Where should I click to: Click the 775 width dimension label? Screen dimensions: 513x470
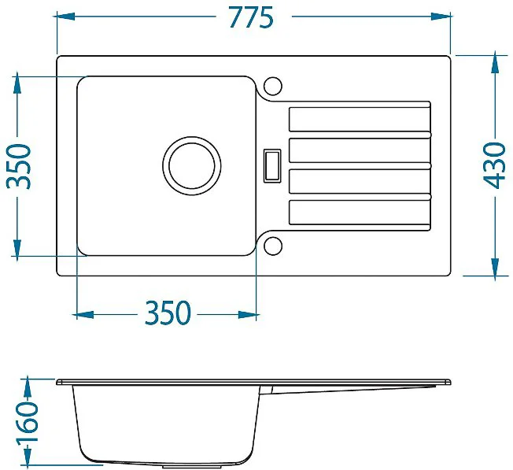[x=251, y=17]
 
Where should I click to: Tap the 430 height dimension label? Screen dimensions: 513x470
[x=494, y=165]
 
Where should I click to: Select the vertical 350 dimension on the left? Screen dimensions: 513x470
[x=19, y=166]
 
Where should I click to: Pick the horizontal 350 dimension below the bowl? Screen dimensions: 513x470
[x=167, y=313]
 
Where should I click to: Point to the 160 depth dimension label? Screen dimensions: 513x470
[x=28, y=422]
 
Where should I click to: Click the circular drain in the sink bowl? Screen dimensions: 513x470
[x=192, y=166]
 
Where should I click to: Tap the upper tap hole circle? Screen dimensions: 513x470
[x=272, y=86]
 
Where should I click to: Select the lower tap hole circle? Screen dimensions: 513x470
[x=272, y=246]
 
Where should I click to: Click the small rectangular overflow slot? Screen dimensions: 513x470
[x=272, y=165]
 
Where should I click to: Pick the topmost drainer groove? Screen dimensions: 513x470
[x=360, y=120]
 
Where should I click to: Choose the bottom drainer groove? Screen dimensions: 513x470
[x=360, y=213]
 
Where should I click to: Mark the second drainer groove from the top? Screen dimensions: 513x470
[x=360, y=150]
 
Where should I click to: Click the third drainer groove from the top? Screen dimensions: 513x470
[x=360, y=181]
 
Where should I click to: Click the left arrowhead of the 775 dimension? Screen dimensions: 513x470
[x=66, y=17]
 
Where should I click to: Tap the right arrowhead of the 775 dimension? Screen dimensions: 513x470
[x=441, y=17]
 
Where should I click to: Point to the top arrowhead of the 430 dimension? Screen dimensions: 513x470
[x=496, y=64]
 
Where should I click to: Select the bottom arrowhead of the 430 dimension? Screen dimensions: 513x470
[x=496, y=267]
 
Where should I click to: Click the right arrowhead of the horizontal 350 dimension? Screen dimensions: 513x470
[x=248, y=315]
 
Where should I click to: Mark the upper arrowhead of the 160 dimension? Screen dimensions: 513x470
[x=28, y=388]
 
